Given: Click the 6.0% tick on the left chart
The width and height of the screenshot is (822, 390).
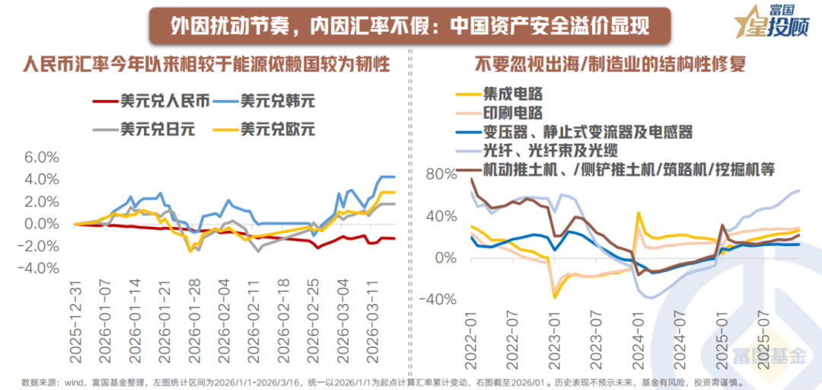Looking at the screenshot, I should click(x=42, y=157).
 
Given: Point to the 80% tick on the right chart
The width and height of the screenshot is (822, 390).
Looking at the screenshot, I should click(x=443, y=174).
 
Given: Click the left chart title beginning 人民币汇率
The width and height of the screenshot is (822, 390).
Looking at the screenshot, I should click(x=205, y=64).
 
